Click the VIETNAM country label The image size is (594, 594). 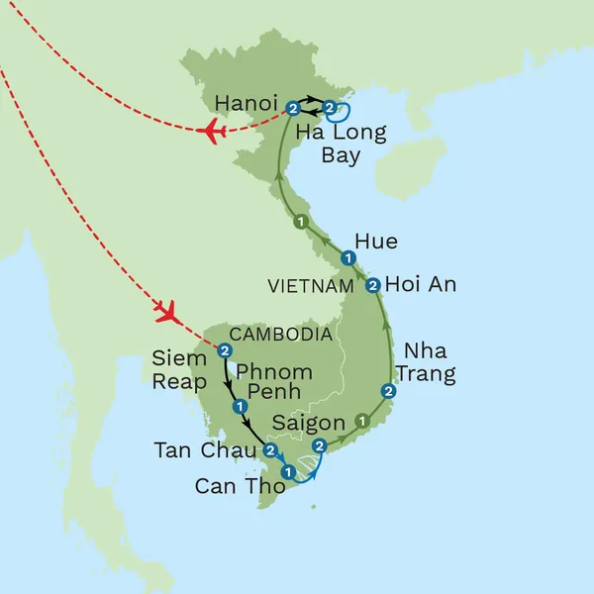pyautogui.click(x=310, y=286)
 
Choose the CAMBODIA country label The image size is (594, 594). pyautogui.click(x=282, y=335)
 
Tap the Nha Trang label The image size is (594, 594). pyautogui.click(x=429, y=362)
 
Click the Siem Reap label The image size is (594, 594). pyautogui.click(x=179, y=368)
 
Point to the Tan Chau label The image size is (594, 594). pyautogui.click(x=205, y=450)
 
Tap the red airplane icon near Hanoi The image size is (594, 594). pyautogui.click(x=210, y=132)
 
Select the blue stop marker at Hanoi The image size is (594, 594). pyautogui.click(x=293, y=109)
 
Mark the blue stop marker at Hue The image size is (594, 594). pyautogui.click(x=348, y=258)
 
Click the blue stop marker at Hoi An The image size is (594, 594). pyautogui.click(x=372, y=285)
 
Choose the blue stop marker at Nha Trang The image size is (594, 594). pyautogui.click(x=389, y=392)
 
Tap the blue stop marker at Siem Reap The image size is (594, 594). pyautogui.click(x=225, y=350)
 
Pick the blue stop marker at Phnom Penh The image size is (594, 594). pyautogui.click(x=239, y=406)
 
